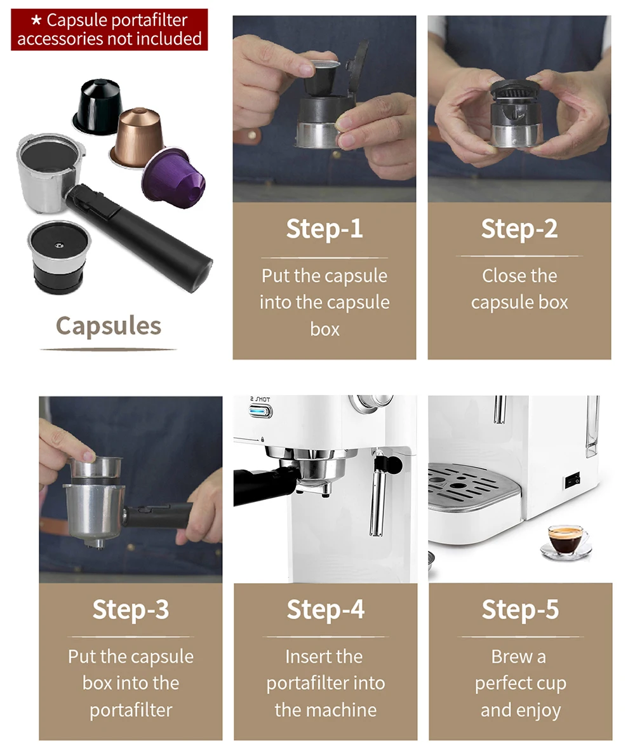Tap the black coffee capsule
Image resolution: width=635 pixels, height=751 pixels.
pos(97,105)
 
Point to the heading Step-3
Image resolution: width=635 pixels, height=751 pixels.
pos(130,609)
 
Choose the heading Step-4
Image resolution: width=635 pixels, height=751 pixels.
pos(325,609)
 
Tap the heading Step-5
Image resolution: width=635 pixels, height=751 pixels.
pos(520,609)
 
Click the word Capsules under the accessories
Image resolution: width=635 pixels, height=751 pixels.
pos(108,326)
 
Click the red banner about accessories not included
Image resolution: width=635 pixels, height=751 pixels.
pos(109,29)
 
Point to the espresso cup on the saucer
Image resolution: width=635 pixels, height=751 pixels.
pos(565,539)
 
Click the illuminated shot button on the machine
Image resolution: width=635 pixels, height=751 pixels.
pos(260,411)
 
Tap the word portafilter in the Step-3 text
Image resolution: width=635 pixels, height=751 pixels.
pos(130,710)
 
